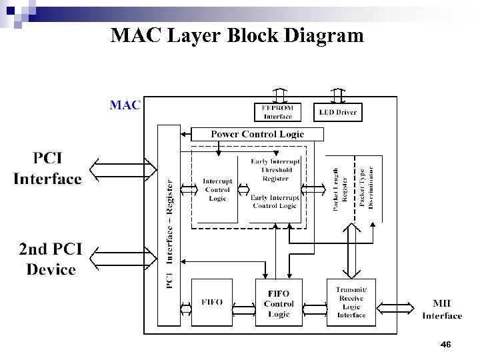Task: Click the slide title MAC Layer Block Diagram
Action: coord(237,35)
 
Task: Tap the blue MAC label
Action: coord(125,105)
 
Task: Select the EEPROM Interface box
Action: coord(278,112)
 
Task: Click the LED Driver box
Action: coord(337,112)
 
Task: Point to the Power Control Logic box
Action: coord(257,134)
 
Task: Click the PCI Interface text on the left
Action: coord(47,169)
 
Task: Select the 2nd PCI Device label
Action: coord(51,259)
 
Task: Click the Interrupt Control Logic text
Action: coord(217,189)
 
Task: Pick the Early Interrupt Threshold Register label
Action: coord(275,170)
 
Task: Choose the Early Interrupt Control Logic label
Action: coord(275,201)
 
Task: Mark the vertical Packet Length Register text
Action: coord(340,190)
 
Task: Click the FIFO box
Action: coord(212,302)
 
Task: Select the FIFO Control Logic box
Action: coord(279,303)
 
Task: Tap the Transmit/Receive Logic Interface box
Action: coord(351,302)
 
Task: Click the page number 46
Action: coord(446,344)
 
